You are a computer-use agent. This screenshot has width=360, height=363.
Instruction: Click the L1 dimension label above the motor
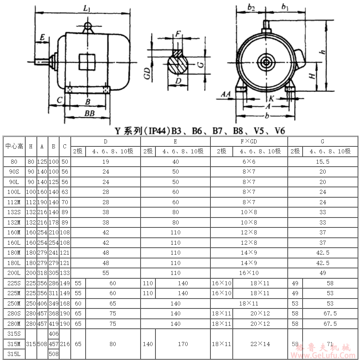(x=87, y=9)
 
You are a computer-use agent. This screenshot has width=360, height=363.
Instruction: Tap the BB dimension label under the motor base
(x=90, y=113)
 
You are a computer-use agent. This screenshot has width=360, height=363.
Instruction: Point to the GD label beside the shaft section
(x=147, y=74)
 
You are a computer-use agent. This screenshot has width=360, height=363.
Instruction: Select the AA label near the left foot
(x=226, y=94)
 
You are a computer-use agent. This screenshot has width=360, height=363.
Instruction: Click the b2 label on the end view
(x=251, y=7)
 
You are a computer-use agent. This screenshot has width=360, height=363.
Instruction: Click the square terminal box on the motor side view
(x=87, y=62)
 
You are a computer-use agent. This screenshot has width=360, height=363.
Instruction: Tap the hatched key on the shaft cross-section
(x=178, y=53)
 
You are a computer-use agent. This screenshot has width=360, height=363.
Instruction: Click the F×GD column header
(x=249, y=141)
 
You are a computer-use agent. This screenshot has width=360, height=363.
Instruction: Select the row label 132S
(x=14, y=212)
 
